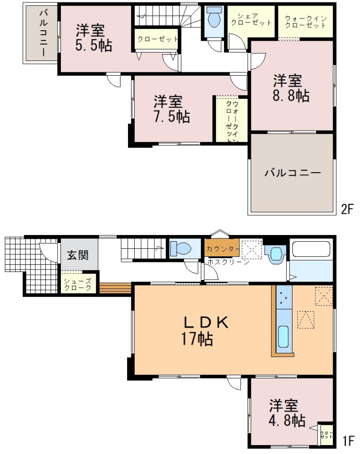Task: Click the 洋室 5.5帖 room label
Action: tap(94, 38)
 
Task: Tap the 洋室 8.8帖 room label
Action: tap(291, 88)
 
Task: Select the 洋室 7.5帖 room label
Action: tap(171, 109)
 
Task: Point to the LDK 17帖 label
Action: tap(205, 331)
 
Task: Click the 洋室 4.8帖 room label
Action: tap(287, 413)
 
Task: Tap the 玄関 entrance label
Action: tap(77, 255)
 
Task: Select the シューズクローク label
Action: tap(77, 284)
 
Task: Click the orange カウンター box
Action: tap(222, 248)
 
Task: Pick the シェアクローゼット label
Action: tap(251, 19)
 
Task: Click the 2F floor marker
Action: tap(347, 209)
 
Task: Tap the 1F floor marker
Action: tap(348, 441)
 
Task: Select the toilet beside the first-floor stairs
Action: tap(180, 248)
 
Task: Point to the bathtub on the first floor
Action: tap(311, 249)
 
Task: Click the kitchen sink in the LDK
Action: tap(283, 336)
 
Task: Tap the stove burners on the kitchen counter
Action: tap(283, 297)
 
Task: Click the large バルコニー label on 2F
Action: tap(292, 173)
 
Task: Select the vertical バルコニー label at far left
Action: tap(43, 33)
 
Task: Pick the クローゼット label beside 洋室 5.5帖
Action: tap(157, 39)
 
